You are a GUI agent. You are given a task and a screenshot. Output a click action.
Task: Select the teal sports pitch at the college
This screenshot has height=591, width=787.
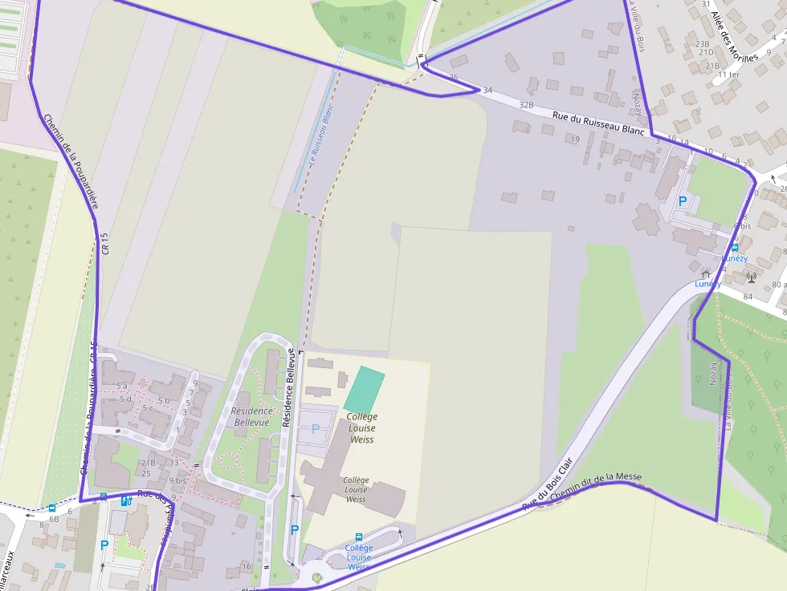point(365,389)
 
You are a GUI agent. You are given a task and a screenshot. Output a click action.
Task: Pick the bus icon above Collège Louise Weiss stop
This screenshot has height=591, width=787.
point(358,537)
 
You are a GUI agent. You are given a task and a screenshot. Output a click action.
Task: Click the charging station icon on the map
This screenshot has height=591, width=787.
point(125,500)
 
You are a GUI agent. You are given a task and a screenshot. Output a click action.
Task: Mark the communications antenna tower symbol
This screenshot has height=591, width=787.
point(751,277)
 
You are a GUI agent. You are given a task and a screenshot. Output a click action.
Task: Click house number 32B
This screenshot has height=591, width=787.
point(526,104)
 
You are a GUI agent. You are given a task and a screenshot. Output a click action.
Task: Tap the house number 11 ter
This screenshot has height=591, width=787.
point(728,75)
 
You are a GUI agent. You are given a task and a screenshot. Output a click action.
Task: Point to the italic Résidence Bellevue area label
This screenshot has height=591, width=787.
point(251,416)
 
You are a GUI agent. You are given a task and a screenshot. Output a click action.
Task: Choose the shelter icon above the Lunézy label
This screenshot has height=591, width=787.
point(706,273)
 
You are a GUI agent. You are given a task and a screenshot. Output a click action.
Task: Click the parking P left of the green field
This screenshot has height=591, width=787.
point(683,201)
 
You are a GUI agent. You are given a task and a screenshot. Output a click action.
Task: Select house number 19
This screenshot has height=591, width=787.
point(574,140)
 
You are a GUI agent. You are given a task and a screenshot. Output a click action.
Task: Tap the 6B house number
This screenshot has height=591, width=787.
point(54,519)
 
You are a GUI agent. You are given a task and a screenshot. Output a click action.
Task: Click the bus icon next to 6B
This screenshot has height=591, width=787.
point(52,508)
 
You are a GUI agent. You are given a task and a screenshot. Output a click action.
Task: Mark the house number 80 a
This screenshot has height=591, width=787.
point(777,285)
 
